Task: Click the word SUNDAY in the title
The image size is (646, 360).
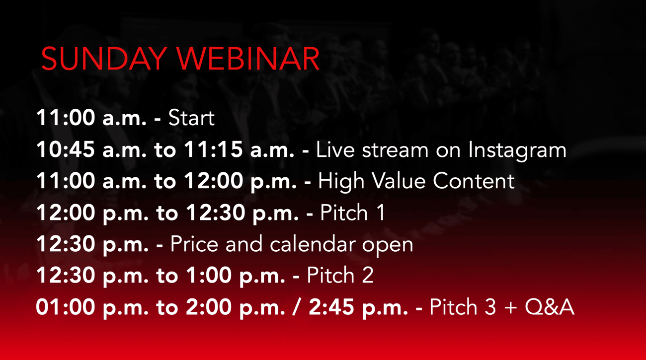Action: tap(104, 59)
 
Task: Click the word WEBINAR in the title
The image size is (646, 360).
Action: tap(248, 59)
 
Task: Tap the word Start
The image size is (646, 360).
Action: tap(191, 118)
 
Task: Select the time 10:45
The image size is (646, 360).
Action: tap(66, 149)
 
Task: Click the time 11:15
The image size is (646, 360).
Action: tap(213, 149)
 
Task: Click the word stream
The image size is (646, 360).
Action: tap(395, 150)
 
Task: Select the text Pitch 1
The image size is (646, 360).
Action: tap(352, 213)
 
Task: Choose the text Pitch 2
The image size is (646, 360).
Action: tap(340, 275)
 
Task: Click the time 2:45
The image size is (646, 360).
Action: tap(331, 307)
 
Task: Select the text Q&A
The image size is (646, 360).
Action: tap(550, 307)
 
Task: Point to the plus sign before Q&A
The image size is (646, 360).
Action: tap(511, 307)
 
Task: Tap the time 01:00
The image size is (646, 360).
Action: tap(66, 307)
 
